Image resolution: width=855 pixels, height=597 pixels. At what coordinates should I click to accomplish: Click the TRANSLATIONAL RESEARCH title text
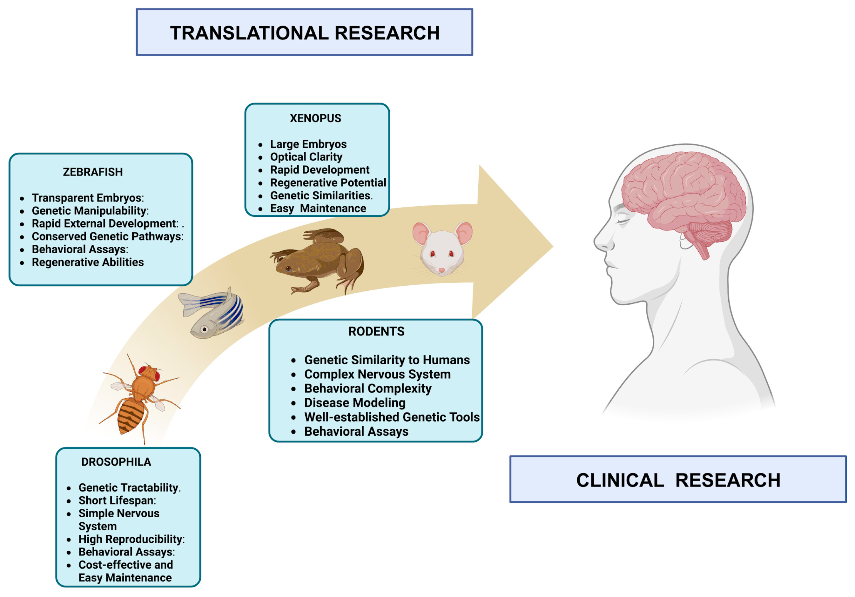coord(305,33)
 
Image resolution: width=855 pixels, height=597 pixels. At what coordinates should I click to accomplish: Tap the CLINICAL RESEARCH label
coord(678,480)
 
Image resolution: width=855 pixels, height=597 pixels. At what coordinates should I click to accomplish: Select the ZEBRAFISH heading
coord(93,172)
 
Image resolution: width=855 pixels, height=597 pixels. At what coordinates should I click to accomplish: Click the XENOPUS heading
coord(315,118)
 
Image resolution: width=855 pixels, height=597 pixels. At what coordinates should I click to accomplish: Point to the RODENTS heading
coord(376,331)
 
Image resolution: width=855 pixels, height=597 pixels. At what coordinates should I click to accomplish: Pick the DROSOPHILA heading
coord(116,462)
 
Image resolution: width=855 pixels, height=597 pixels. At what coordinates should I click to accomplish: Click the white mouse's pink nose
coord(442,270)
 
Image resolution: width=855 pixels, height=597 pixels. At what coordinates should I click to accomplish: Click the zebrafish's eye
coord(204,329)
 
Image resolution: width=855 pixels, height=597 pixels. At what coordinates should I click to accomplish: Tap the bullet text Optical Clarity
coord(306,157)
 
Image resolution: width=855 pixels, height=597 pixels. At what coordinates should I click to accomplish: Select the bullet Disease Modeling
coord(355,403)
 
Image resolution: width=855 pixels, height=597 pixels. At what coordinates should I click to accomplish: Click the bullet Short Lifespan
coord(117,501)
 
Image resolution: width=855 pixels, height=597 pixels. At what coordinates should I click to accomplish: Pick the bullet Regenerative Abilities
coord(88,262)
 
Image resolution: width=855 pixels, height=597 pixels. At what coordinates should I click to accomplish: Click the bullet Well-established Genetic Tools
coord(392,417)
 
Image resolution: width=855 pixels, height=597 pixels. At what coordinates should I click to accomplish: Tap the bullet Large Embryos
coord(308,144)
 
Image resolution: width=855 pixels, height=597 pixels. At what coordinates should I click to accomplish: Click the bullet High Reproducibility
coord(131,539)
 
